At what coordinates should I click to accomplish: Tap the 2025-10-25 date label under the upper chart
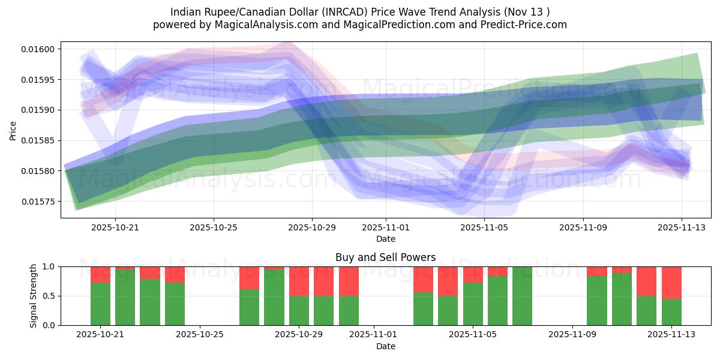[214, 228]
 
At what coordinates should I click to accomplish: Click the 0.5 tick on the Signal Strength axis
[49, 296]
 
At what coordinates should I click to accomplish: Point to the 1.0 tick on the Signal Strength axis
[49, 266]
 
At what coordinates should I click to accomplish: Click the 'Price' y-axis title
[13, 130]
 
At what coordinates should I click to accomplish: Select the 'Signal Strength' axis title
[34, 296]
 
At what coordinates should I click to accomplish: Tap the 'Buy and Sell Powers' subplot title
[385, 257]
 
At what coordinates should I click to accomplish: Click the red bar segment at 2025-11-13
[671, 282]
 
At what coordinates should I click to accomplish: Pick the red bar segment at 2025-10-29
[299, 281]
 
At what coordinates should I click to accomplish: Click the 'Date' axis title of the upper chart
[385, 239]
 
